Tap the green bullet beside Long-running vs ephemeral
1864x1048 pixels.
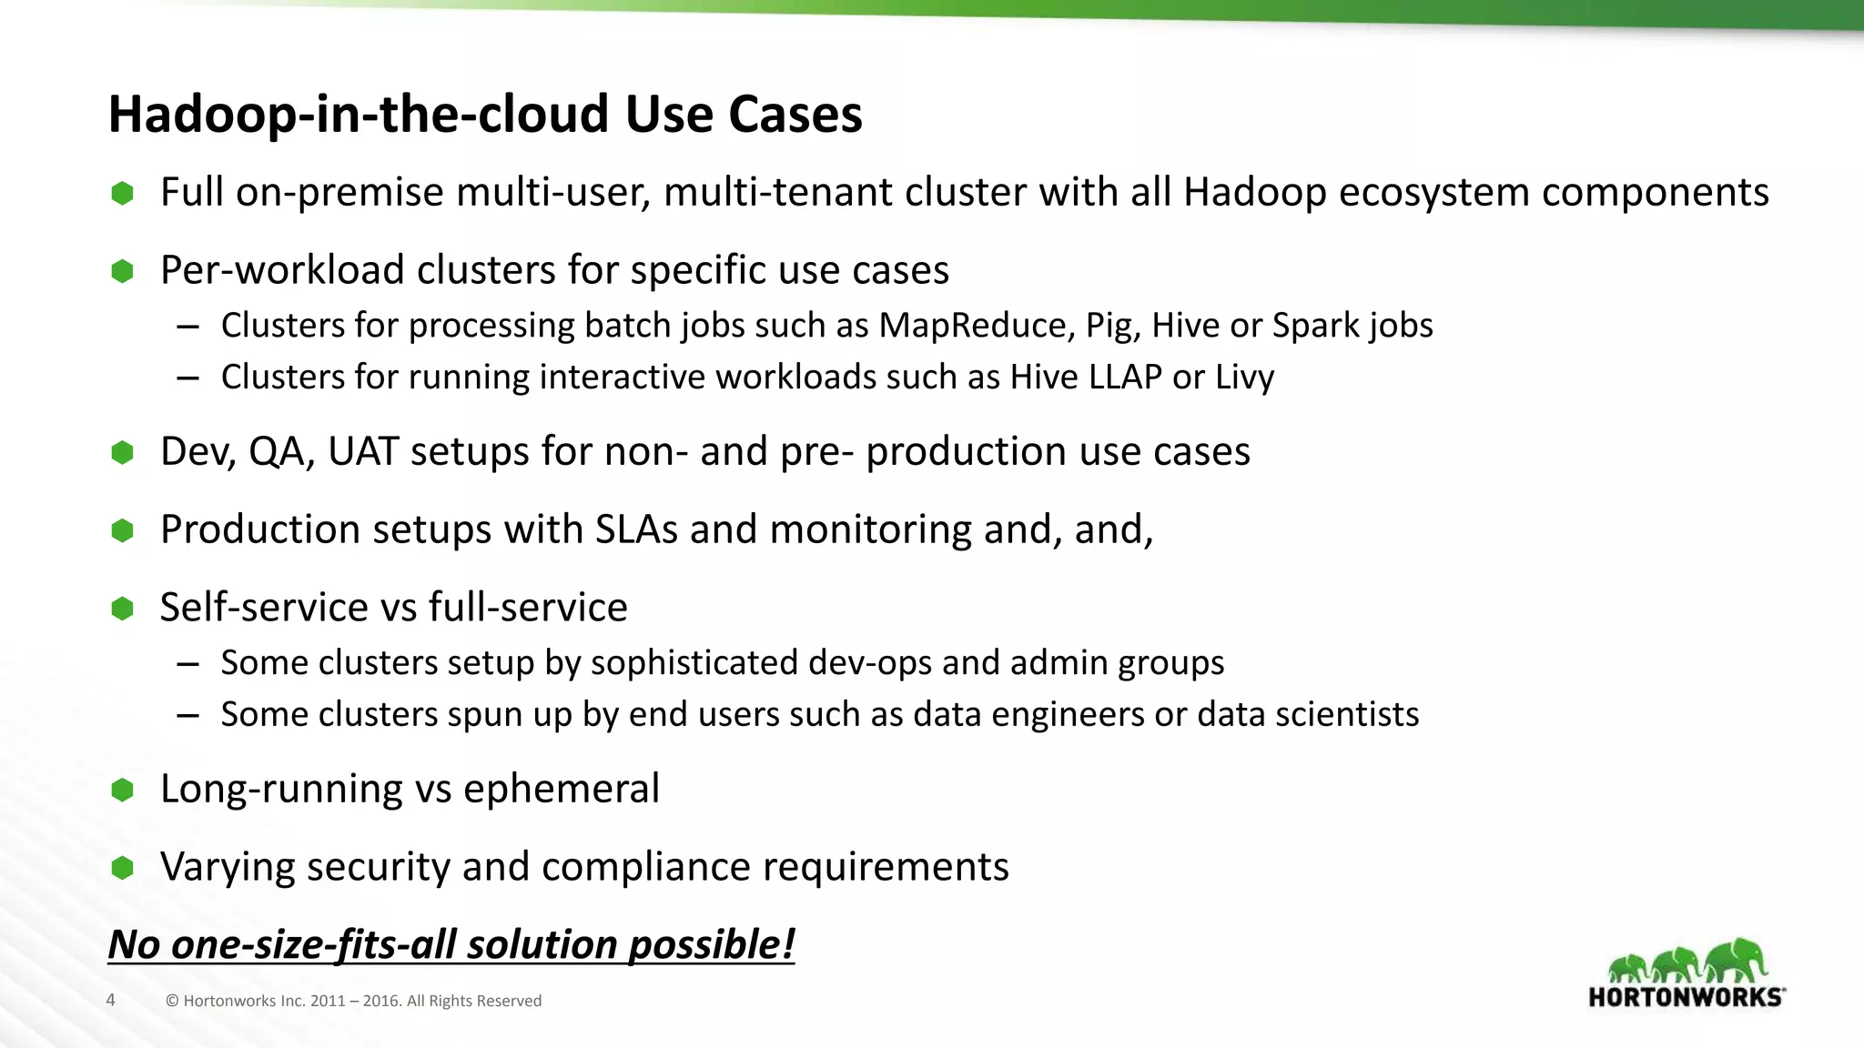pyautogui.click(x=122, y=790)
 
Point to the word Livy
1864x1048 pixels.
pyautogui.click(x=1244, y=378)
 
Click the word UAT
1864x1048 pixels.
pyautogui.click(x=362, y=452)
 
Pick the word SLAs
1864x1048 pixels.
pyautogui.click(x=636, y=530)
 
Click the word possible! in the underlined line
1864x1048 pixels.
pyautogui.click(x=711, y=945)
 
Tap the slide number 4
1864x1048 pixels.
pyautogui.click(x=111, y=1001)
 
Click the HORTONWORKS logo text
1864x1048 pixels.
pyautogui.click(x=1686, y=998)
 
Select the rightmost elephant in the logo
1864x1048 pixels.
pyautogui.click(x=1737, y=960)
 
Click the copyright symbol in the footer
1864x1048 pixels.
pyautogui.click(x=172, y=1002)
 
